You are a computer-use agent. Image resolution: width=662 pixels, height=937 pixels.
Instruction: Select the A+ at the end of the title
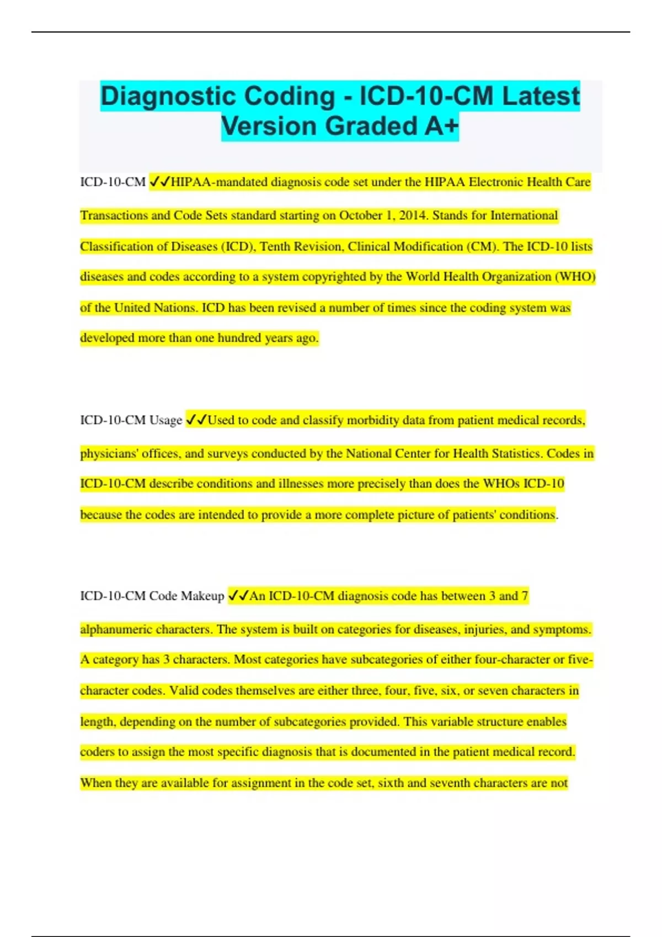(x=442, y=126)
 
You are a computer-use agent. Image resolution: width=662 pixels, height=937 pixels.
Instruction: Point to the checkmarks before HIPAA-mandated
(x=159, y=182)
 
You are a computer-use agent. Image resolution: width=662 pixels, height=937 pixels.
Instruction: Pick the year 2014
(x=412, y=216)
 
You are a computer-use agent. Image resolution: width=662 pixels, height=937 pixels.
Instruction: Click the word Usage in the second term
(x=165, y=421)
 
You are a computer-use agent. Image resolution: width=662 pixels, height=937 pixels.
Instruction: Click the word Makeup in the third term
(x=202, y=596)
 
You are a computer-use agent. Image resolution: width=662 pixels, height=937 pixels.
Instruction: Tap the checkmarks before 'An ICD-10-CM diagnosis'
(x=238, y=596)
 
